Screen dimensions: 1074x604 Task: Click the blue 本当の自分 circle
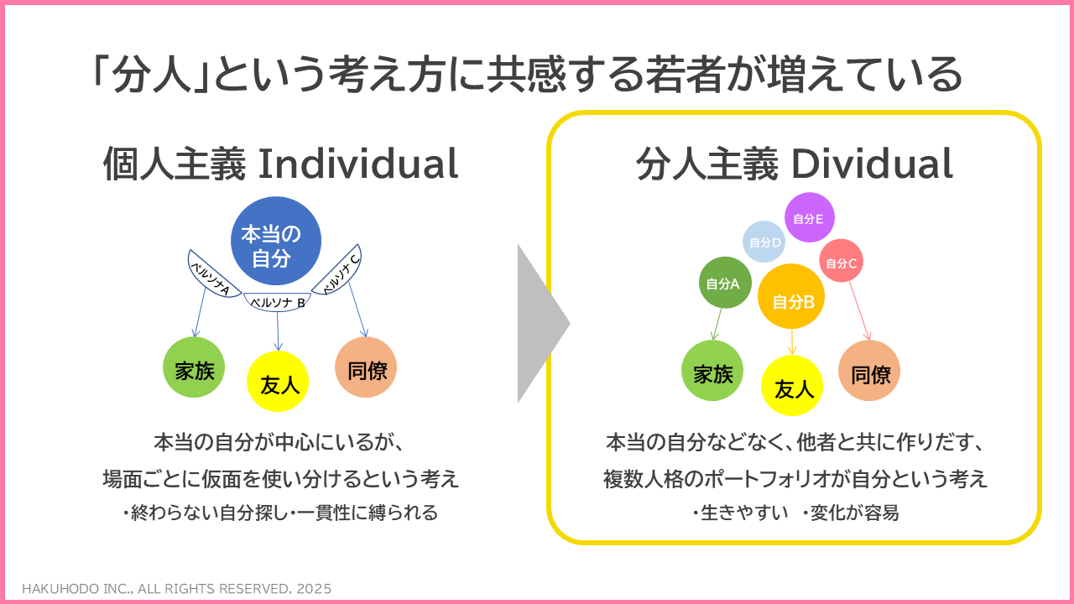[276, 241]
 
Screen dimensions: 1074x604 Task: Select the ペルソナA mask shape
[211, 277]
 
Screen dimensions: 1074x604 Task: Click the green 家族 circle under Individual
[194, 367]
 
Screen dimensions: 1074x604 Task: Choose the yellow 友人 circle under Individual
[278, 382]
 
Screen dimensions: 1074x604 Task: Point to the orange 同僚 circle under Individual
[366, 367]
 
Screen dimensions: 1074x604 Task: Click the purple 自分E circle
[810, 217]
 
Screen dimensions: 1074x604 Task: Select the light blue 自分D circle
[764, 242]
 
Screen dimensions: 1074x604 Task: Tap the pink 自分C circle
[841, 261]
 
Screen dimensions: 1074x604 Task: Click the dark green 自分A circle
[725, 283]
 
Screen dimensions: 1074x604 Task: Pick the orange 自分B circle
[791, 296]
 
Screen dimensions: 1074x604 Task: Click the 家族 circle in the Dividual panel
[712, 371]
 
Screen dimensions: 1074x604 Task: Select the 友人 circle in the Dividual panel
[792, 385]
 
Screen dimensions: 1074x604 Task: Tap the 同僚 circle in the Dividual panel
[869, 371]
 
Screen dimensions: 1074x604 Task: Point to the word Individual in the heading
[358, 164]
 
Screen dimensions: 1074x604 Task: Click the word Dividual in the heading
[872, 164]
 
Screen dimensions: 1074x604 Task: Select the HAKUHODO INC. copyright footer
[177, 589]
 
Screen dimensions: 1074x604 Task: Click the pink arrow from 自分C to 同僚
[860, 310]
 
